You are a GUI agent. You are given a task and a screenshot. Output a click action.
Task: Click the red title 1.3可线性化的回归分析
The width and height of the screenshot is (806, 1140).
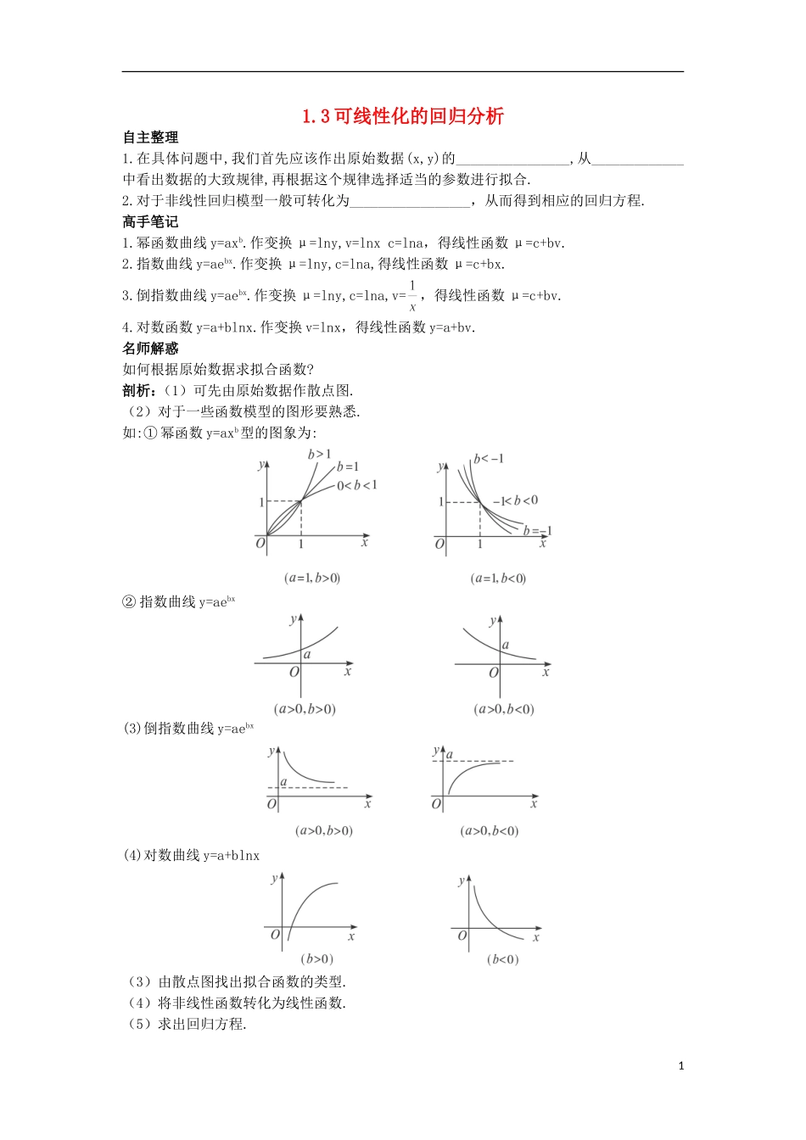(403, 116)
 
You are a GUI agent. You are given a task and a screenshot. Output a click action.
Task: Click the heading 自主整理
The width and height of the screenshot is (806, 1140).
(150, 137)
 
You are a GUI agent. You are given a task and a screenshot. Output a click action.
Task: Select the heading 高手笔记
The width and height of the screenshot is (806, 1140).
(150, 222)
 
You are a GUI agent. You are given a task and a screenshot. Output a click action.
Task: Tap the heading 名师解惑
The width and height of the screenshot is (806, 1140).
(150, 349)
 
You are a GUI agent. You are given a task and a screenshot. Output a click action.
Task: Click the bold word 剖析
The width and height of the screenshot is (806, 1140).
(138, 391)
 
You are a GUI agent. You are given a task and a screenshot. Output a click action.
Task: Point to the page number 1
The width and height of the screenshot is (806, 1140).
(681, 1066)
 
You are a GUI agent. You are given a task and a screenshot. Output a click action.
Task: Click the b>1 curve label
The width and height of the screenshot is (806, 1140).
(320, 455)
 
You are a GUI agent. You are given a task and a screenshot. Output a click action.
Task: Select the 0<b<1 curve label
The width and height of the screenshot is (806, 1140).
(356, 486)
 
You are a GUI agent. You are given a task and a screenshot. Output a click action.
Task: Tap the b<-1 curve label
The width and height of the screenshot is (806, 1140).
(489, 459)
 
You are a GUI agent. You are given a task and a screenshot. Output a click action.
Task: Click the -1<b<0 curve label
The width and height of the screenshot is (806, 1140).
(515, 500)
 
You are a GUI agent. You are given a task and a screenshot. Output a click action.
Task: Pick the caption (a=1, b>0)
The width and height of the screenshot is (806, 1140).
(312, 578)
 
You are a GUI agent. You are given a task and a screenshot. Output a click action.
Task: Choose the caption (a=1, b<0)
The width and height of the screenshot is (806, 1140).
(498, 578)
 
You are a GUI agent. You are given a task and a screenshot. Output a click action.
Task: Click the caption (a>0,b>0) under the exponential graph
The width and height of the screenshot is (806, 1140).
(305, 709)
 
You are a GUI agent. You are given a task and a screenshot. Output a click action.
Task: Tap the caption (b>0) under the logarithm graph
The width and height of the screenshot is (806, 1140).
(317, 959)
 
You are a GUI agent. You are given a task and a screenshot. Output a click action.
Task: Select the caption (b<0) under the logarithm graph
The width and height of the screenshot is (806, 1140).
(503, 959)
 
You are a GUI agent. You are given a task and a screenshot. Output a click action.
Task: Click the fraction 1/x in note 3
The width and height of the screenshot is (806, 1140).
(412, 296)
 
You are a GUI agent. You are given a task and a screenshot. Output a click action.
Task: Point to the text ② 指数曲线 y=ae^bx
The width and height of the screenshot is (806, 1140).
(179, 601)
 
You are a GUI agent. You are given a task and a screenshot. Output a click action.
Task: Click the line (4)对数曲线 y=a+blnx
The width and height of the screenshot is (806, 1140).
(192, 855)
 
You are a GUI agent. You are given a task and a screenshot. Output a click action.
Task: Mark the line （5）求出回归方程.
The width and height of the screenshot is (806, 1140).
(186, 1024)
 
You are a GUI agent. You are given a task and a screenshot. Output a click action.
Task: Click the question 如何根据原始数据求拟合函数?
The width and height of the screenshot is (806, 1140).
(218, 370)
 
